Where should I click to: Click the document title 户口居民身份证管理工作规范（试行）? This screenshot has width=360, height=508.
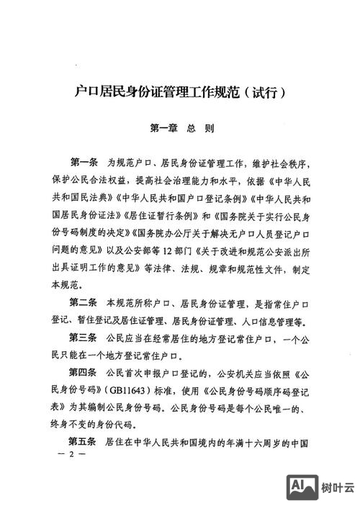(181, 92)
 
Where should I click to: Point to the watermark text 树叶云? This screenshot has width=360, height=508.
(335, 488)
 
